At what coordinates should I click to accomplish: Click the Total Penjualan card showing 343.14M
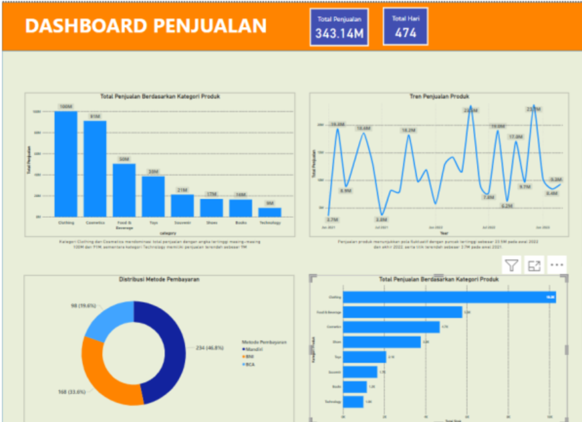point(340,27)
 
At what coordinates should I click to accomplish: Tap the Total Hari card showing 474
point(405,27)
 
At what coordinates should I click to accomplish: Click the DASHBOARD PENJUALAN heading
point(145,26)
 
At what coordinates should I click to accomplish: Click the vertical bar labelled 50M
point(124,190)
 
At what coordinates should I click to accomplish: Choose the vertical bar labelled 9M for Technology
point(269,212)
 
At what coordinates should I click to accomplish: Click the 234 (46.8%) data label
point(210,347)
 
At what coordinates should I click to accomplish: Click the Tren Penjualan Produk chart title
point(439,97)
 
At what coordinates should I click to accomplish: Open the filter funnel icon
point(512,265)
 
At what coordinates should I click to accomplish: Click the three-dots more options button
point(556,265)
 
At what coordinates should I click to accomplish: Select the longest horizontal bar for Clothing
point(449,297)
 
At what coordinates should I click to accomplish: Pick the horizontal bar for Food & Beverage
point(402,312)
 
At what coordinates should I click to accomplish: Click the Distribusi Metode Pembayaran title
point(159,279)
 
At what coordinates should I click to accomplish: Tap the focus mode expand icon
point(534,265)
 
